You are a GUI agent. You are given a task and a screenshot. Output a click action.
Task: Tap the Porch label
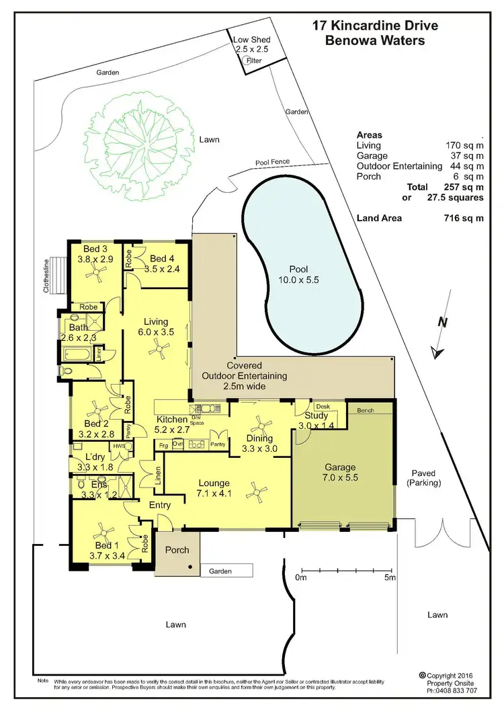tap(177, 550)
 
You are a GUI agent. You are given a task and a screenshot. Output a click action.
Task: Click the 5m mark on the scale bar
tap(389, 577)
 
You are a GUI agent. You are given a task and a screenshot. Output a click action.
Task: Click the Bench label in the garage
tap(366, 410)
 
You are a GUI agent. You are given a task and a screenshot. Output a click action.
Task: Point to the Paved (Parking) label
tap(423, 478)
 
